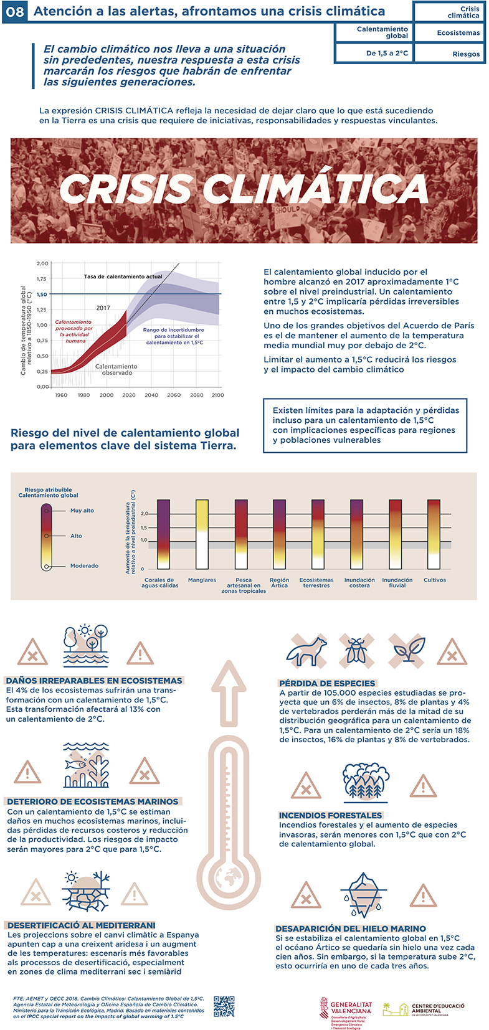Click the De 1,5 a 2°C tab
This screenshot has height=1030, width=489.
tap(374, 53)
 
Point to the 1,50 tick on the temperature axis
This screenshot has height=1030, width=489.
tap(42, 295)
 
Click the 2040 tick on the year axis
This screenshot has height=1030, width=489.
tap(151, 395)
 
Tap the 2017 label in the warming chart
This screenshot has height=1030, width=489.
tap(103, 308)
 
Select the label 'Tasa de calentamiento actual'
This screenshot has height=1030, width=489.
tap(123, 276)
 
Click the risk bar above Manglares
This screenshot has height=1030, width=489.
tap(202, 534)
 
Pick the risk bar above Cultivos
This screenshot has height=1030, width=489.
tap(434, 534)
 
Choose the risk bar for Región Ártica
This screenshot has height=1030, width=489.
tap(279, 534)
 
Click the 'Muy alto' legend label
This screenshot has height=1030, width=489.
tap(82, 511)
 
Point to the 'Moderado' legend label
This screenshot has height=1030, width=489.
tap(84, 566)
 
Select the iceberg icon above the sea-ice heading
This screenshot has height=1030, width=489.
tap(364, 894)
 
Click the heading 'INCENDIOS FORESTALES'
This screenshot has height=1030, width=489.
tap(330, 815)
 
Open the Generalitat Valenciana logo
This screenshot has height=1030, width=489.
tap(346, 1008)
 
